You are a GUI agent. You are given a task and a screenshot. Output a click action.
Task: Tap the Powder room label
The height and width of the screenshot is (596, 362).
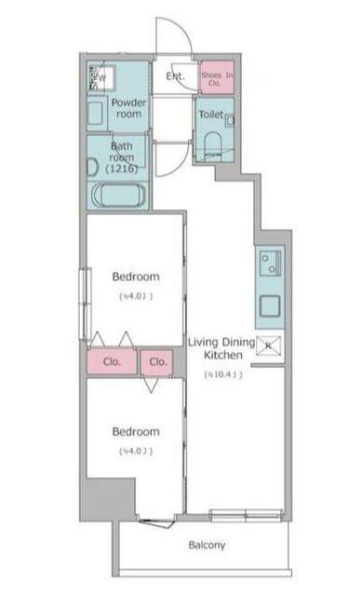pos(128,107)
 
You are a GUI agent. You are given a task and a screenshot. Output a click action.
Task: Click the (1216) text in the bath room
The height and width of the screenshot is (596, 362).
pos(123,169)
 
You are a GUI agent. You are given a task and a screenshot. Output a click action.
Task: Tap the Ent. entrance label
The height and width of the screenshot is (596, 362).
pos(175,77)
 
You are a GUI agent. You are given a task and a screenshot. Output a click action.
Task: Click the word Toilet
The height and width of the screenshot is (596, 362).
pos(211,114)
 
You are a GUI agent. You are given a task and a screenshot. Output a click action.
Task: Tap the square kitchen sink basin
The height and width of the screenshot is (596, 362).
pos(269,305)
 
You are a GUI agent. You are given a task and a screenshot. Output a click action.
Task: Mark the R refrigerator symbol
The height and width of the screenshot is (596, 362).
pos(269,345)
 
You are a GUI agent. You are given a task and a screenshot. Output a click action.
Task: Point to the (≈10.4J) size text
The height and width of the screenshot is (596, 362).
pos(222,374)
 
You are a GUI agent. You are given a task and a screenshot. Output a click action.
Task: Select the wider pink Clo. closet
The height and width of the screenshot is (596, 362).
pos(112,361)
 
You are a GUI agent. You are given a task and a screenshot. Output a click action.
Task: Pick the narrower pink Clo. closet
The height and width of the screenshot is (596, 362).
pos(157,361)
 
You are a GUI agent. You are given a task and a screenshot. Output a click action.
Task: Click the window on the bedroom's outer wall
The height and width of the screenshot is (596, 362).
pos(85,297)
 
